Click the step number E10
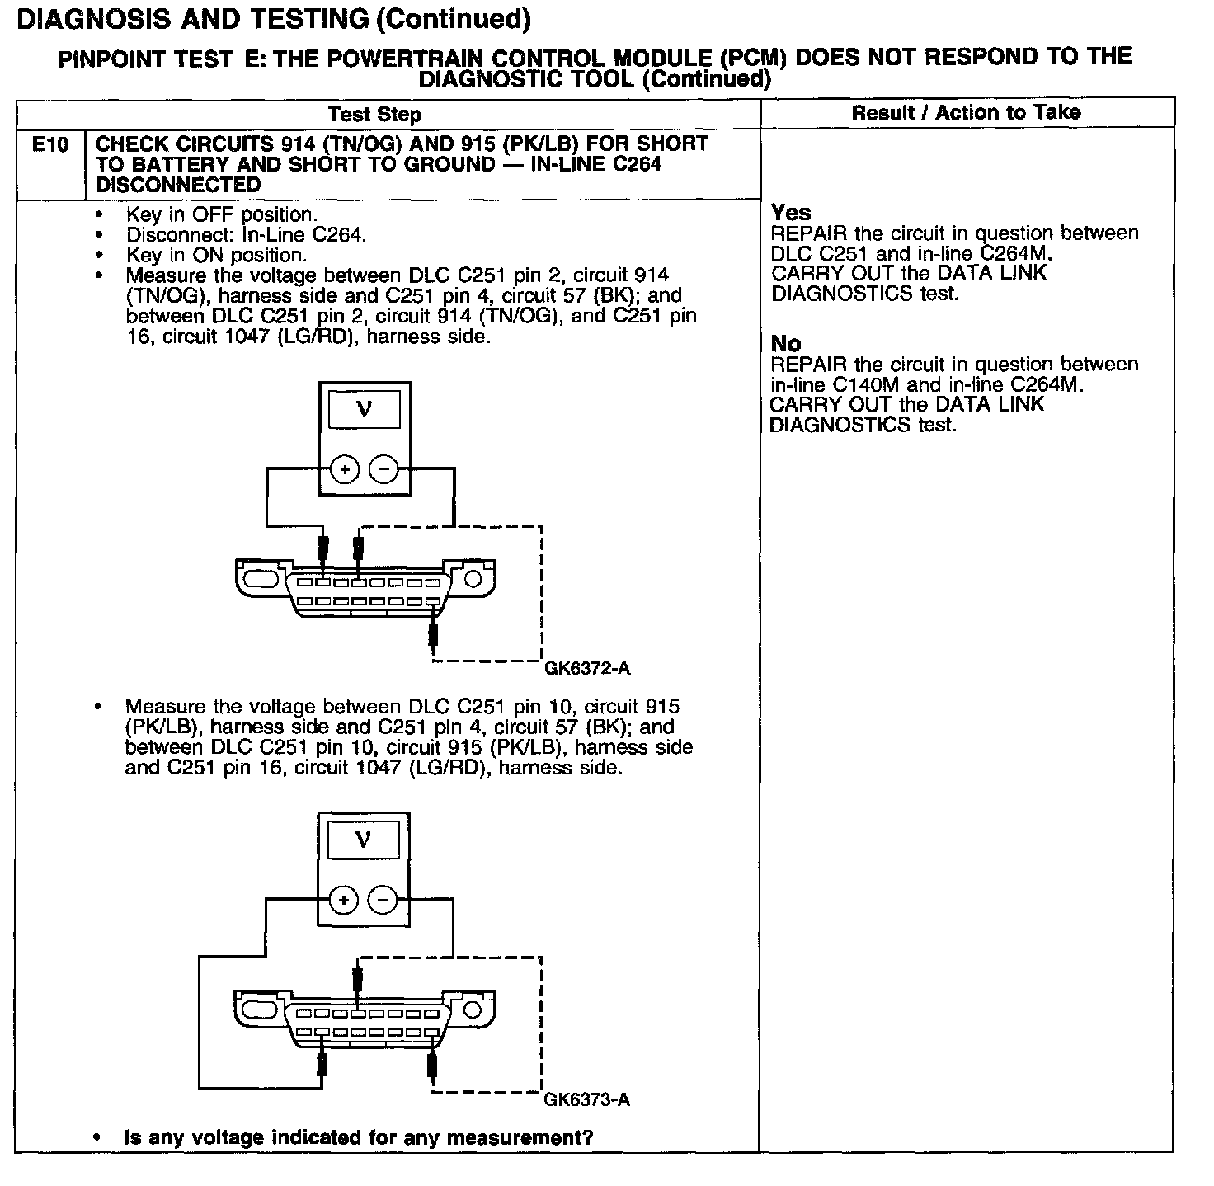49,145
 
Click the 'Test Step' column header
374,115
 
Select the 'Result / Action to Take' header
966,113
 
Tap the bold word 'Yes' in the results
791,213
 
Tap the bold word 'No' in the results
786,344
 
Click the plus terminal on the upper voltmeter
345,470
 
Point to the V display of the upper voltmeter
364,409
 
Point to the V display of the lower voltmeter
363,840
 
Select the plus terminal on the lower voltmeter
344,900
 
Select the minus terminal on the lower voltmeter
383,900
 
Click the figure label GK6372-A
587,669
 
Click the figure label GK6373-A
587,1100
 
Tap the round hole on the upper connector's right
473,579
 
